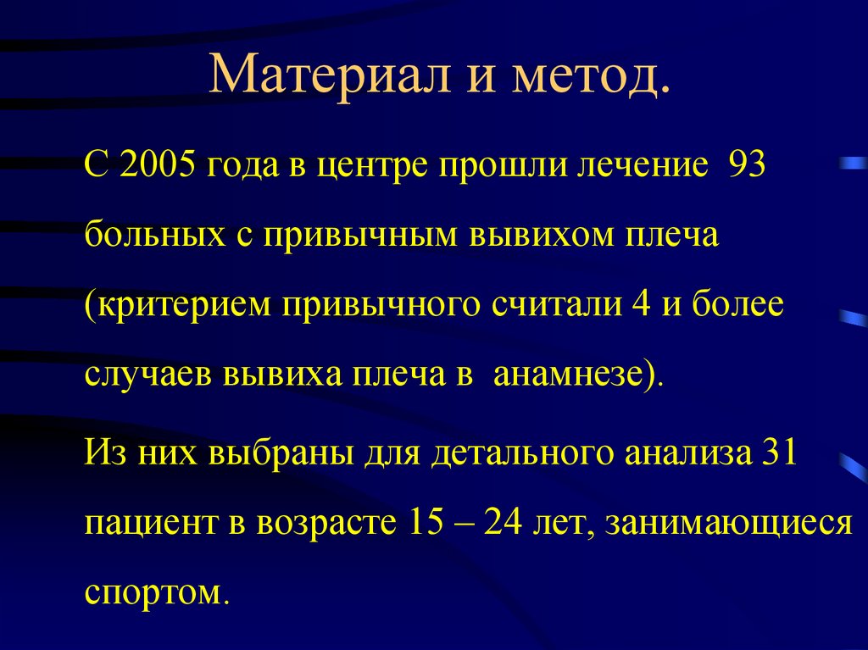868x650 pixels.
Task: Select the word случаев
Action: coord(147,373)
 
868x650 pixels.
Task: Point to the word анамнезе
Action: coord(577,373)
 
